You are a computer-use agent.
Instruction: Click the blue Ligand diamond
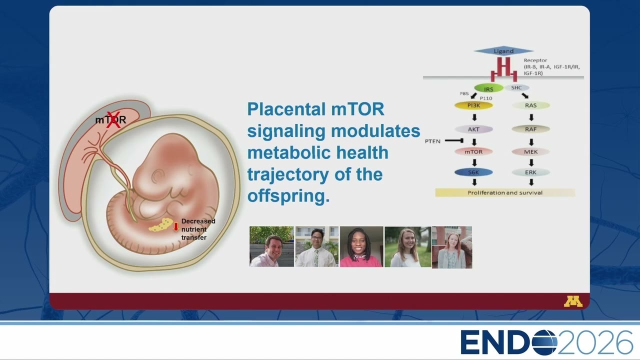pos(503,51)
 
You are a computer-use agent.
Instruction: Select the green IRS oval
pos(488,88)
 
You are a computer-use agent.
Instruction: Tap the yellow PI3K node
pos(473,105)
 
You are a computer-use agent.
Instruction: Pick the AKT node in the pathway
pos(473,129)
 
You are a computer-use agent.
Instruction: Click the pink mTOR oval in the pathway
pos(473,151)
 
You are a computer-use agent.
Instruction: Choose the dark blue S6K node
pos(473,172)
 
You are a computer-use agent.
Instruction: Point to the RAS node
pos(531,105)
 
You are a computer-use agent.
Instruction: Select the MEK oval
pos(531,151)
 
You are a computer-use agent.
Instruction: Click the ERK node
pos(531,172)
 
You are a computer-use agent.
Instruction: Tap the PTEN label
pos(432,141)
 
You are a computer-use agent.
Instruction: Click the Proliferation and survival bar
pos(505,192)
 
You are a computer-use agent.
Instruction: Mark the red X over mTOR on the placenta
pos(113,119)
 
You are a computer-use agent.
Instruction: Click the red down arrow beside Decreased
pos(176,227)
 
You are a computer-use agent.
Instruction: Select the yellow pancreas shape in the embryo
pos(160,225)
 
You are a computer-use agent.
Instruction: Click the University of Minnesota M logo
pos(573,301)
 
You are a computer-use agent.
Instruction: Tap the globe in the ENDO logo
pos(544,342)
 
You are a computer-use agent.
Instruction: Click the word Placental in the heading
pos(286,109)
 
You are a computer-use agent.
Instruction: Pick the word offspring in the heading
pos(288,196)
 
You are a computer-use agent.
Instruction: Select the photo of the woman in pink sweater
pos(361,247)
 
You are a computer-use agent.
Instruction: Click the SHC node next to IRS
pos(516,87)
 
